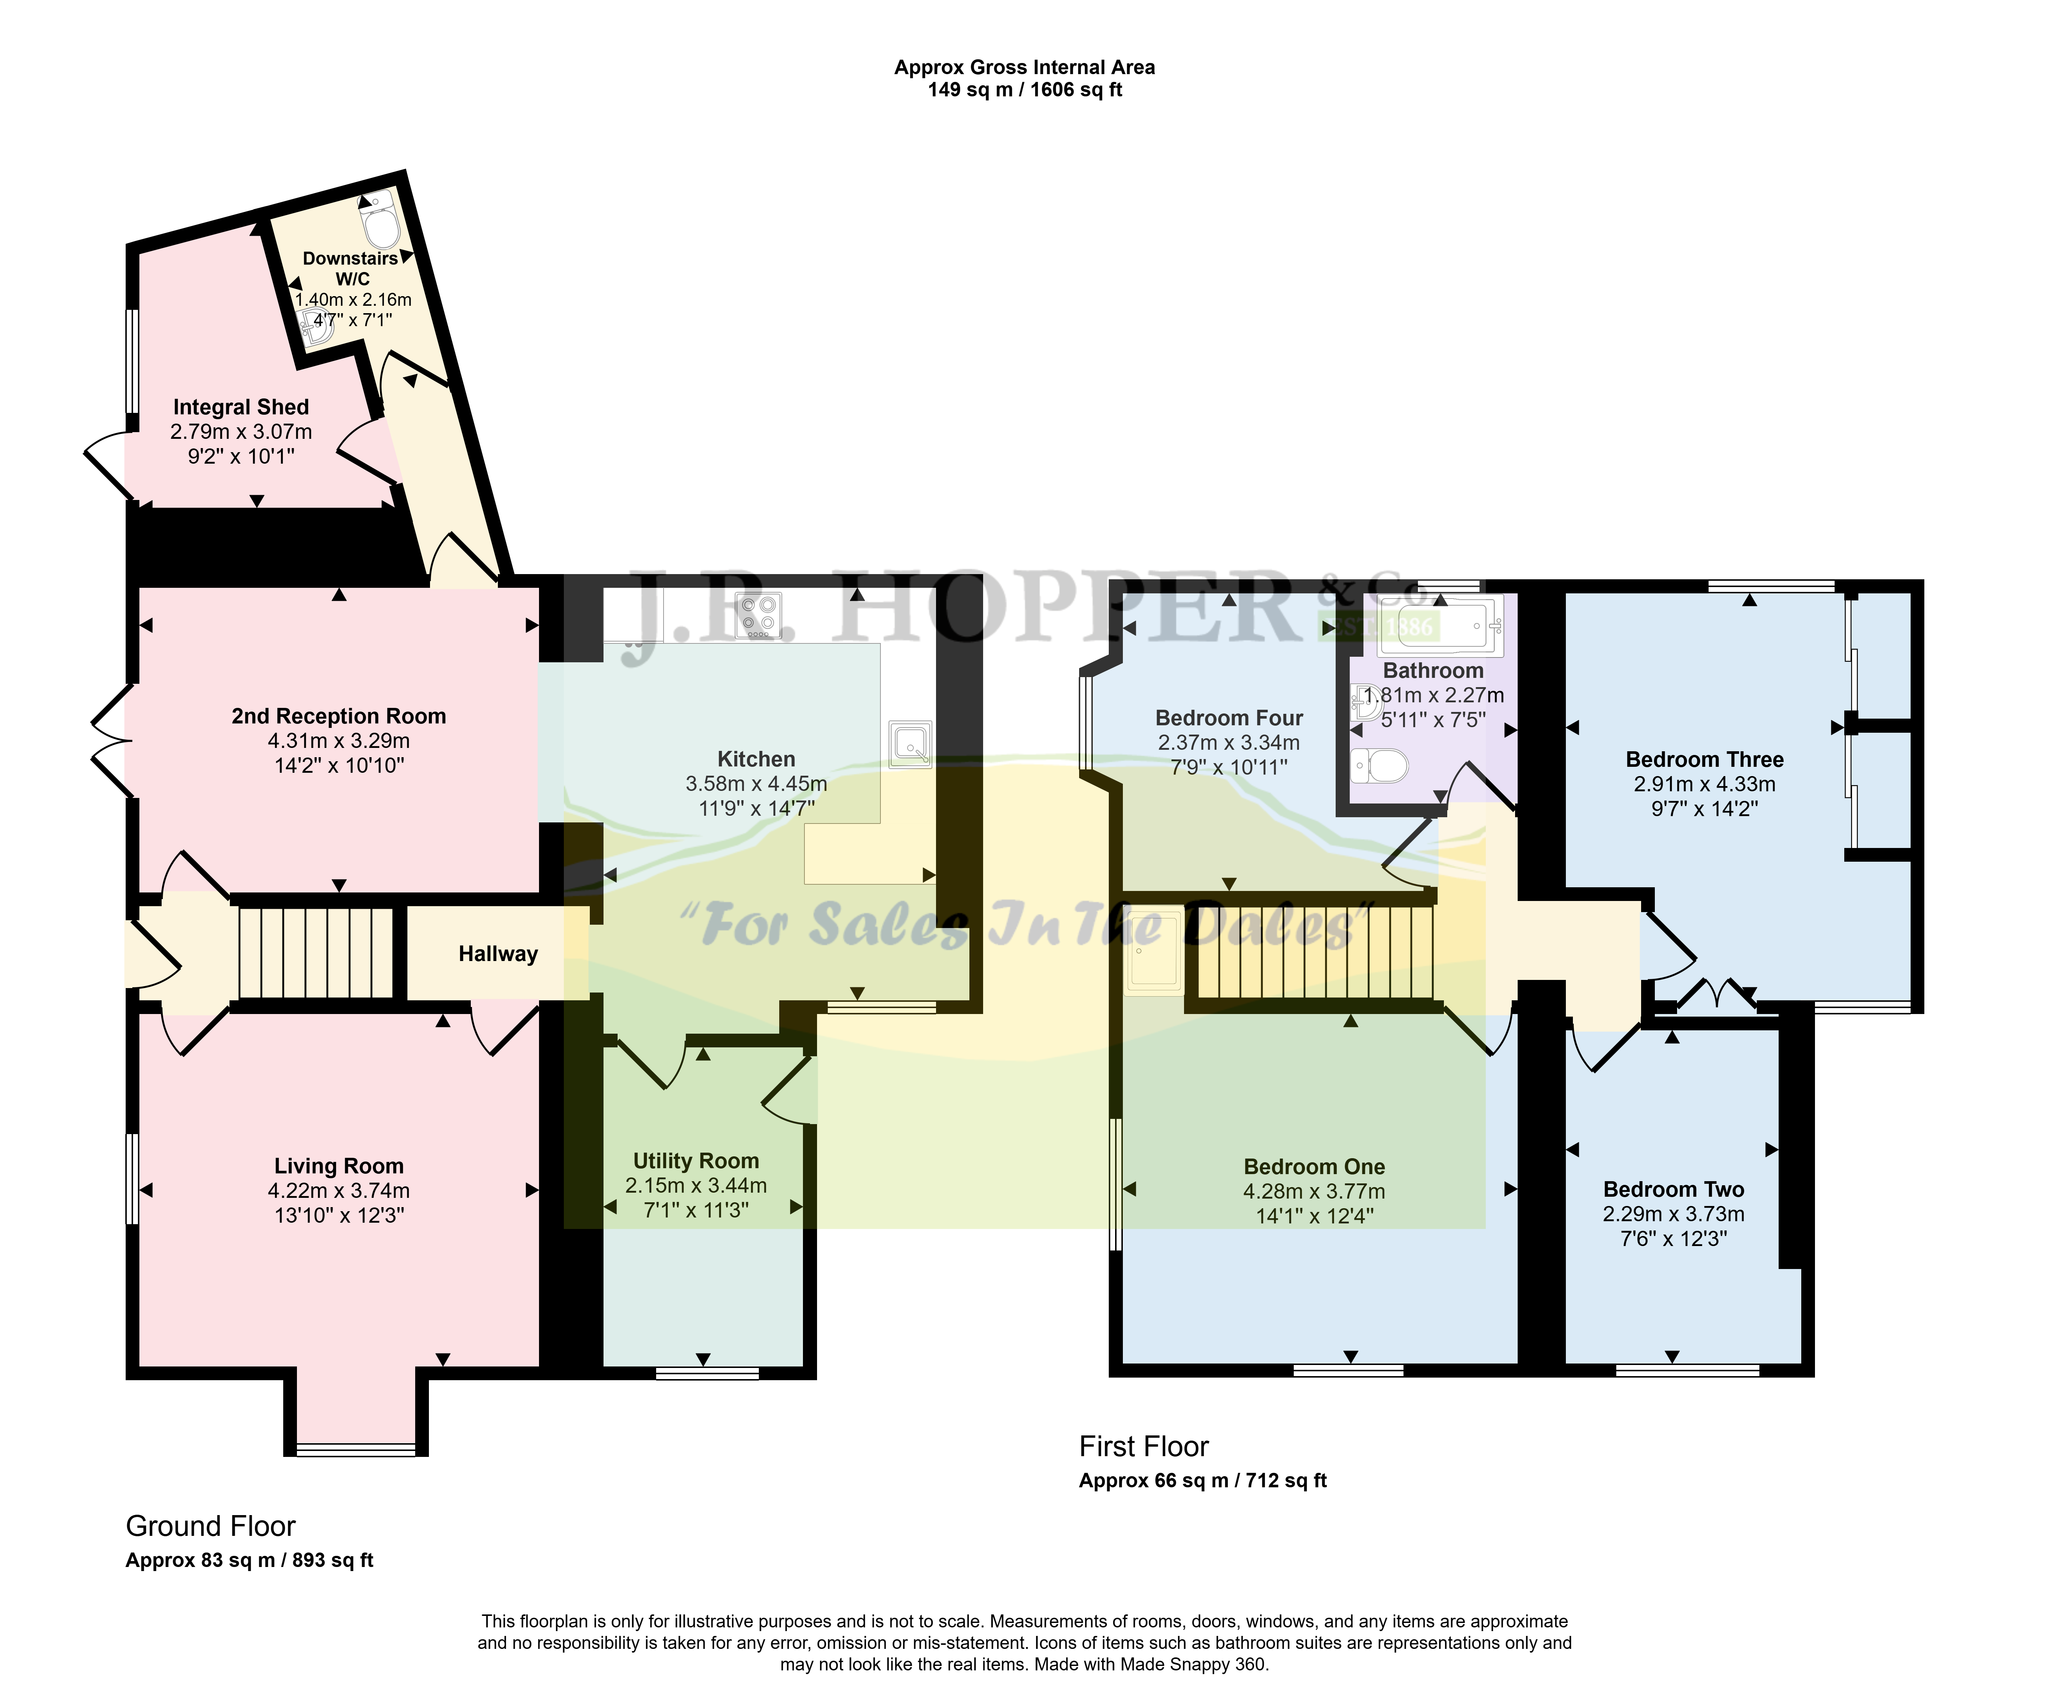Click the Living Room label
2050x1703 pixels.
point(339,1166)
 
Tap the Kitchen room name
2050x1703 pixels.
point(757,759)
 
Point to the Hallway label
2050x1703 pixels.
point(498,954)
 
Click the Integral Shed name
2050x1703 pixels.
point(241,407)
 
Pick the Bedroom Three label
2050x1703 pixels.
point(1705,759)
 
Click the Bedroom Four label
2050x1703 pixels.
point(1229,718)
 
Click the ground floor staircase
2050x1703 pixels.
point(316,954)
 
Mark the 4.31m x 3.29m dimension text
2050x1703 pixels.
point(339,741)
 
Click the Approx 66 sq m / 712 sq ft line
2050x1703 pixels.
point(1203,1481)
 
